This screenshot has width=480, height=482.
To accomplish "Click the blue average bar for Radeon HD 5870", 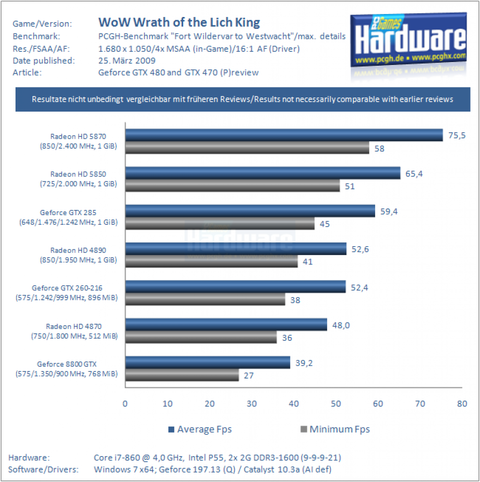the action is pos(284,135).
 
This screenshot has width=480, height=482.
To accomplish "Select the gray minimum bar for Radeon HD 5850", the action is pos(232,185).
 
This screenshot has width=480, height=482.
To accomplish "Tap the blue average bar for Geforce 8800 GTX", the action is pos(208,362).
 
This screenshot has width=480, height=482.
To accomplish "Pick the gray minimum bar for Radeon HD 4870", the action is pos(201,337).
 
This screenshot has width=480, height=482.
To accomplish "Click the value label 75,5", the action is pos(456,136).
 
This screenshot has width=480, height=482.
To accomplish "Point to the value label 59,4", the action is pos(389,211).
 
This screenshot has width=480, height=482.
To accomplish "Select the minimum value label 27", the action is pos(248,376).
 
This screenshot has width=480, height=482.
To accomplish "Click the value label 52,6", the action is pos(360,249).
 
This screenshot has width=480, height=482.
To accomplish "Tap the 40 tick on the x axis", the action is pos(294,403).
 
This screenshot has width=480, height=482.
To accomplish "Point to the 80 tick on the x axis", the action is pos(462,403).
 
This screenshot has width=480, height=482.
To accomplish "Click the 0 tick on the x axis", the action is pos(125,403).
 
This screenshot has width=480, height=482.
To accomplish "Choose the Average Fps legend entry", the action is pos(200,429).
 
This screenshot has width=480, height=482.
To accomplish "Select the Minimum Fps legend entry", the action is pos(335,429).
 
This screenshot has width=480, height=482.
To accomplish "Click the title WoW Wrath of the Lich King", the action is pos(179,23).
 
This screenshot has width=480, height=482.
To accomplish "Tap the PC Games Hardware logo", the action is pos(408,40).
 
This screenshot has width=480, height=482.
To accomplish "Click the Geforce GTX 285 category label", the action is pos(68,217).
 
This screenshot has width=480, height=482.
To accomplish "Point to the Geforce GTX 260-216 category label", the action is pos(67,293).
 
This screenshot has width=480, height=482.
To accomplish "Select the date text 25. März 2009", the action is pos(127,61).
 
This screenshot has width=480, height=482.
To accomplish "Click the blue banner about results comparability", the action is pos(243,99).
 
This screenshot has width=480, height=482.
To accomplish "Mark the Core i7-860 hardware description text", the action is pos(217,458).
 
